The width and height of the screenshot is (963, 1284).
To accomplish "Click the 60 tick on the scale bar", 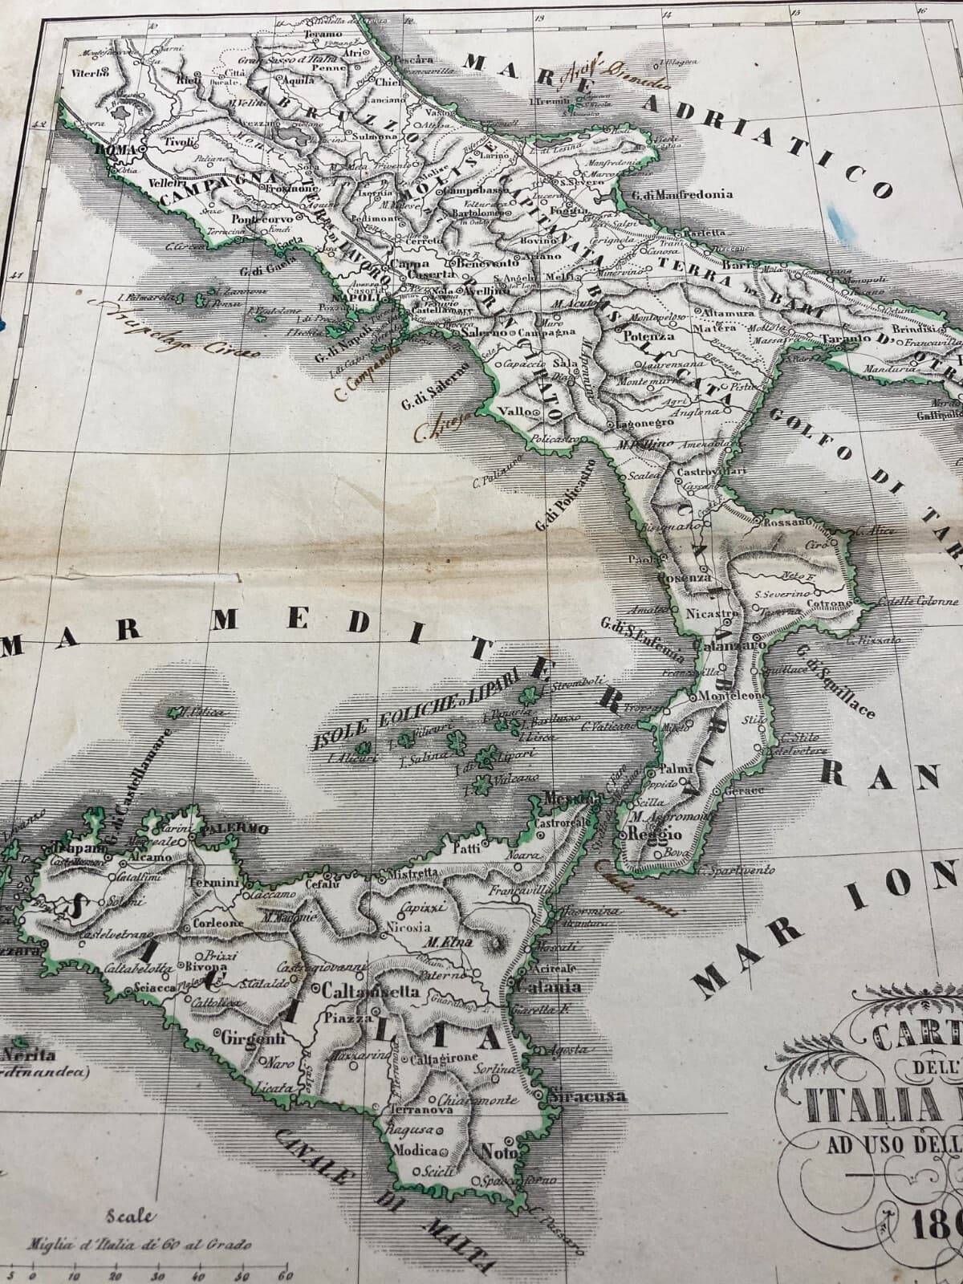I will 282,1277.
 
